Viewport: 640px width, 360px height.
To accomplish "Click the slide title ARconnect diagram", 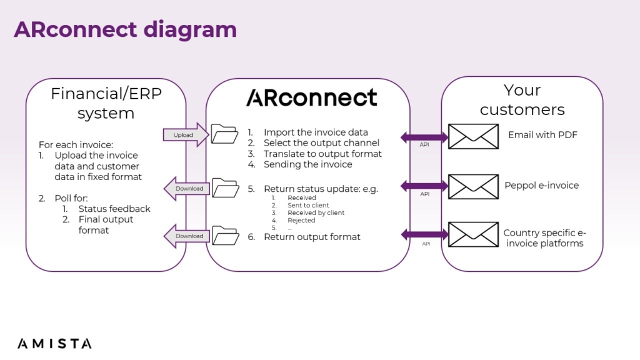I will point(125,29).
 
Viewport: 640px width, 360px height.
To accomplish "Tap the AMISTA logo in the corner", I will point(54,343).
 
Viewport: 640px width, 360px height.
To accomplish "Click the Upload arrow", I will point(185,135).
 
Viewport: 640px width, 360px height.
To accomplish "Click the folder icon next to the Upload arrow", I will point(224,134).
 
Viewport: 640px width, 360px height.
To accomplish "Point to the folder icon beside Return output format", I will point(225,236).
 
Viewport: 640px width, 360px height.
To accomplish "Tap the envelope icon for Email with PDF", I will point(473,136).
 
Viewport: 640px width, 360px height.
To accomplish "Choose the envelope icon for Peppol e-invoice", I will point(473,187).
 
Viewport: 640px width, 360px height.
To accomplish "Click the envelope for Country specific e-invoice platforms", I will point(473,234).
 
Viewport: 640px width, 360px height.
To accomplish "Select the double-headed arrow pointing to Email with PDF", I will point(425,137).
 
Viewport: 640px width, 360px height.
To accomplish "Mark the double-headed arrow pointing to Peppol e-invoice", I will point(425,186).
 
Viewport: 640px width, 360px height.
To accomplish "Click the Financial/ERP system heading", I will point(106,103).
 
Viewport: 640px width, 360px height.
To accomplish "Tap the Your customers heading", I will point(522,100).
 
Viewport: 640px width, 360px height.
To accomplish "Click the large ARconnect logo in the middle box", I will point(311,97).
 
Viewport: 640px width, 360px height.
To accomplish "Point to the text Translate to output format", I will point(322,154).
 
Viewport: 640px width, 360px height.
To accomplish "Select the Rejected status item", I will point(301,220).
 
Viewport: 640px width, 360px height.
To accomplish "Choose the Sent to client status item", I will point(308,205).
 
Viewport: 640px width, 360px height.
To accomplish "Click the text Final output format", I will point(106,225).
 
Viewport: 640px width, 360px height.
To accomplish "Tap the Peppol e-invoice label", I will point(541,186).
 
